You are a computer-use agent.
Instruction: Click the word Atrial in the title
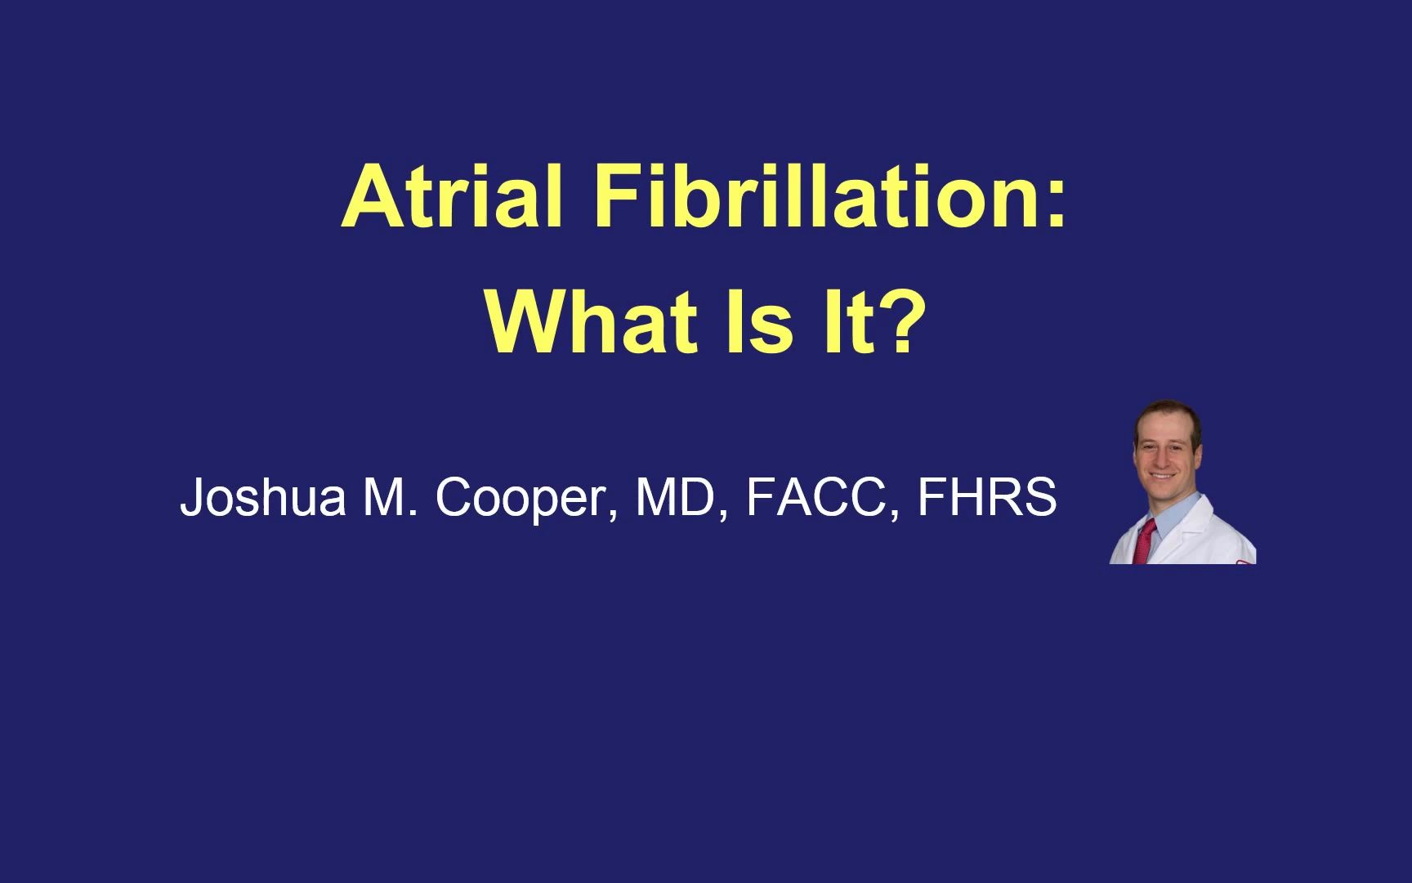453,197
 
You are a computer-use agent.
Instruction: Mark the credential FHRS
986,497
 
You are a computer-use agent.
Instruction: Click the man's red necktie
1146,540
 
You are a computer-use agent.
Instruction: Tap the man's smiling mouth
1164,476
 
